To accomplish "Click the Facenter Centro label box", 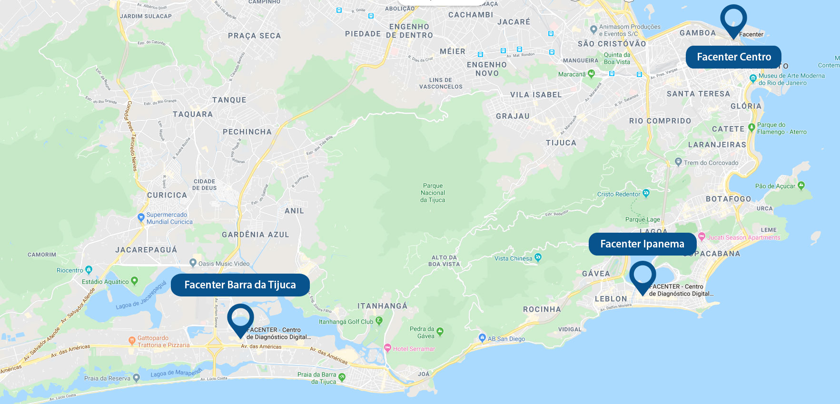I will [x=733, y=57].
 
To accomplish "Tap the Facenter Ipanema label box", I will [x=642, y=244].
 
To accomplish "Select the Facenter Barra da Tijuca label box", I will [x=240, y=285].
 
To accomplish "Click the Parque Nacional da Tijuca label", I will [x=433, y=193].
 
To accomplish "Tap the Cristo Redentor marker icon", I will [x=646, y=193].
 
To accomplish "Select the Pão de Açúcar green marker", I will [x=801, y=185].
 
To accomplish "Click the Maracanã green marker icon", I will [x=591, y=74].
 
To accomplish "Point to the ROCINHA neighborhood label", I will [x=542, y=309].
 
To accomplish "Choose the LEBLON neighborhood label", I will [x=611, y=299].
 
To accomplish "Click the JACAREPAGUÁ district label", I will [x=146, y=250].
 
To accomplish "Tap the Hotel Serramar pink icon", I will [x=387, y=348].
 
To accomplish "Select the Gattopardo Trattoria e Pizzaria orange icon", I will [x=132, y=340].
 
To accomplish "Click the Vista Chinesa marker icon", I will [x=538, y=257].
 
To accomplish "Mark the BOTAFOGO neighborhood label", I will [x=728, y=199].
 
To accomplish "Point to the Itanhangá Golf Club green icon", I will [x=379, y=321].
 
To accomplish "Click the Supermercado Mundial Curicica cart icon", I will [x=141, y=217].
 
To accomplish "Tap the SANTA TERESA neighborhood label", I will [x=698, y=94].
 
